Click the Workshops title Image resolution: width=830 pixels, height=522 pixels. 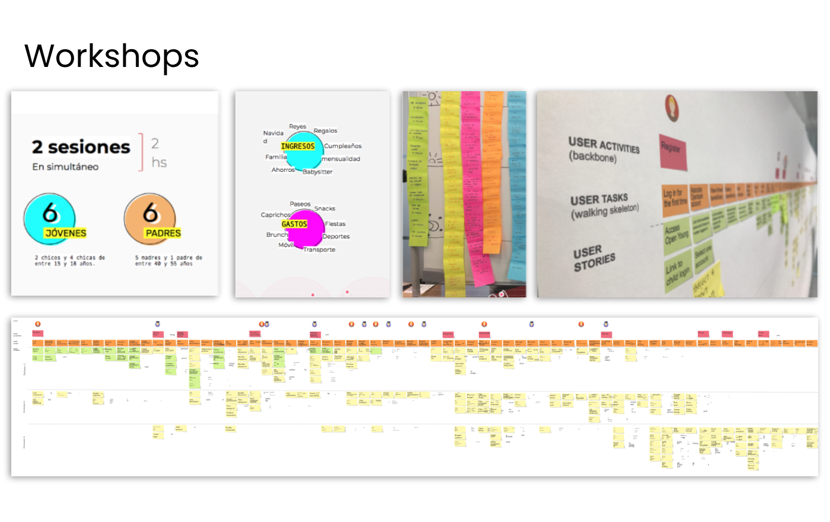click(x=111, y=56)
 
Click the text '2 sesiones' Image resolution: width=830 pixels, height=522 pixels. click(x=81, y=147)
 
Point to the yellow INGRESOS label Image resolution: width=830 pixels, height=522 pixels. click(x=298, y=146)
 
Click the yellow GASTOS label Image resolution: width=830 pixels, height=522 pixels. click(x=294, y=224)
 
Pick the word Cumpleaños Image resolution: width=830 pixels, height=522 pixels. click(x=343, y=146)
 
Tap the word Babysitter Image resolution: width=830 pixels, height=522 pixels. click(x=317, y=172)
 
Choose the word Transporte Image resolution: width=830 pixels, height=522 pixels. click(x=319, y=249)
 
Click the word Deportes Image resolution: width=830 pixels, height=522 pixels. click(x=336, y=236)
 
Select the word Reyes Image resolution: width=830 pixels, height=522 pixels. click(x=298, y=127)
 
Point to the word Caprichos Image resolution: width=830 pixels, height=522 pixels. click(x=276, y=215)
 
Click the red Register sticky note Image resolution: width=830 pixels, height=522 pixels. click(x=673, y=152)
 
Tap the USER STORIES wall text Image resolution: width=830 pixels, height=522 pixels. click(x=594, y=258)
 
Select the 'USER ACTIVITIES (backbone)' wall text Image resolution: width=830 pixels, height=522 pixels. click(x=603, y=149)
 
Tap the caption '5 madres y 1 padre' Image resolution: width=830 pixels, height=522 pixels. click(x=168, y=261)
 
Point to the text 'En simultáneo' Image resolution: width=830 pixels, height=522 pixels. click(x=65, y=167)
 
